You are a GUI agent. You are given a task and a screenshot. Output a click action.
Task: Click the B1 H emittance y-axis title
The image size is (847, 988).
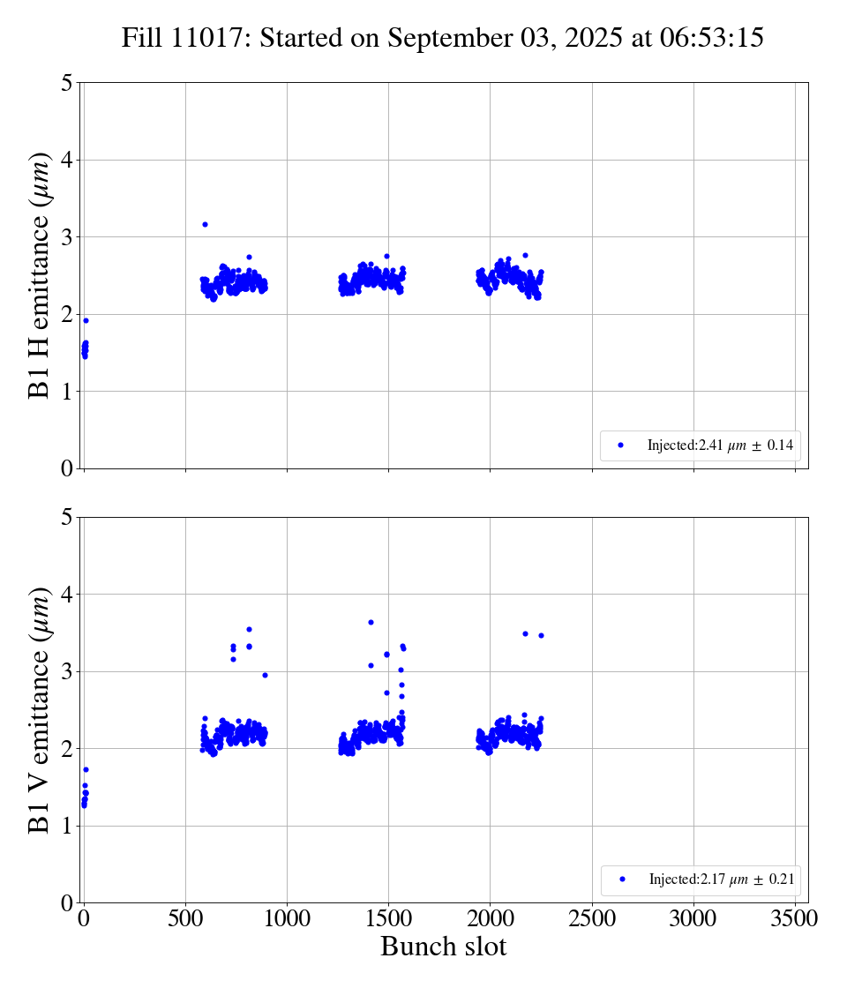40,275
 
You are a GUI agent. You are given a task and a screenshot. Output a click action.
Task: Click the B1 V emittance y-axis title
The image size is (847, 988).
40,709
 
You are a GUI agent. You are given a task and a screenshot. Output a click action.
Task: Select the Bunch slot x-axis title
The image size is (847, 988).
443,947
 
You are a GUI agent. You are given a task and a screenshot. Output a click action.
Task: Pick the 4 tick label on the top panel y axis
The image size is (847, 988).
67,161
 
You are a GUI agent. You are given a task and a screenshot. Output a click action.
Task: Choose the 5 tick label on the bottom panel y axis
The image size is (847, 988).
67,518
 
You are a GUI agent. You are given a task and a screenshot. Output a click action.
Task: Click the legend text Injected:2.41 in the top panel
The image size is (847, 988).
720,445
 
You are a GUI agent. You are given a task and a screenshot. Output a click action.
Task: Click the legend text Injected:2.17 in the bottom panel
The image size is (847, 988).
721,879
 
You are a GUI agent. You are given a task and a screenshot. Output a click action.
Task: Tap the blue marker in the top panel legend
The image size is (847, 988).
620,445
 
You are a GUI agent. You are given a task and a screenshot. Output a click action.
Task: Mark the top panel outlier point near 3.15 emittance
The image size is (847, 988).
205,224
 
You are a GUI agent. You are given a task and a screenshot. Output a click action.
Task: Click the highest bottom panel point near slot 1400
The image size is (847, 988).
371,622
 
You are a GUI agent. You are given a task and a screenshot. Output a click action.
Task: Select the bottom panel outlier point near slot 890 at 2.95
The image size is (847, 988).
265,675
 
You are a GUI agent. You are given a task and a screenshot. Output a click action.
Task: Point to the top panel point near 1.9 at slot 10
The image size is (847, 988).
86,320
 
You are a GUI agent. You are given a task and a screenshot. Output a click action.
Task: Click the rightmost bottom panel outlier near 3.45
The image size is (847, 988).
541,635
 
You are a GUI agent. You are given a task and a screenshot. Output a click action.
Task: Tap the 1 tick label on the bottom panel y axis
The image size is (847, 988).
67,827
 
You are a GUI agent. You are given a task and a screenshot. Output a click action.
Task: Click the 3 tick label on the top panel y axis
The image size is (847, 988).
67,237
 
